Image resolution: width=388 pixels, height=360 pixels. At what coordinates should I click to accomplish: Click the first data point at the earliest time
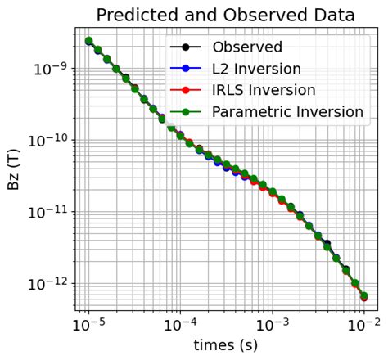pos(88,41)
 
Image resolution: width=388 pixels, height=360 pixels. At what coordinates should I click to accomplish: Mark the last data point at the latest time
pos(363,296)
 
